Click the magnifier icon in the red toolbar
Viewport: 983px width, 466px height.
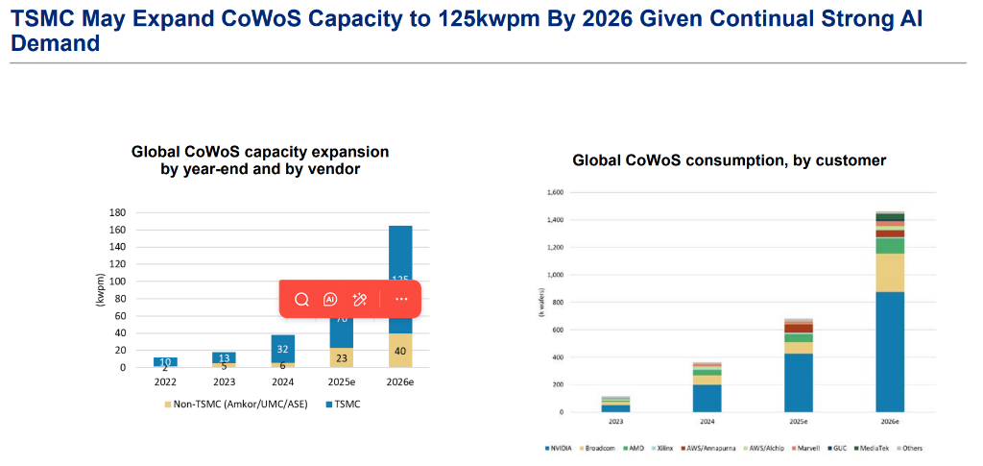pyautogui.click(x=301, y=299)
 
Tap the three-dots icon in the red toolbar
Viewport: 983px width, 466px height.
pyautogui.click(x=401, y=299)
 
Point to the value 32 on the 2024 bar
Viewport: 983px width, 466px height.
pyautogui.click(x=282, y=349)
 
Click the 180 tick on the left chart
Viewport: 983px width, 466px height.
pyautogui.click(x=119, y=212)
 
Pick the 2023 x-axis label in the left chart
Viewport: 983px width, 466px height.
pyautogui.click(x=224, y=381)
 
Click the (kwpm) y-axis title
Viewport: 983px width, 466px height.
pyautogui.click(x=100, y=288)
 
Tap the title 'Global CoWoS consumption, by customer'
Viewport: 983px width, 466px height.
pyautogui.click(x=730, y=160)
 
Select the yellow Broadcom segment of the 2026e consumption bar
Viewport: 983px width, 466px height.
pyautogui.click(x=890, y=272)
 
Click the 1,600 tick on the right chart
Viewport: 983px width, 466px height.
pyautogui.click(x=555, y=192)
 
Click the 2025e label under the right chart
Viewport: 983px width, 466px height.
pyautogui.click(x=798, y=421)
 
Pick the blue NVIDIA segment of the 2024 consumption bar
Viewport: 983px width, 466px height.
pyautogui.click(x=707, y=398)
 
